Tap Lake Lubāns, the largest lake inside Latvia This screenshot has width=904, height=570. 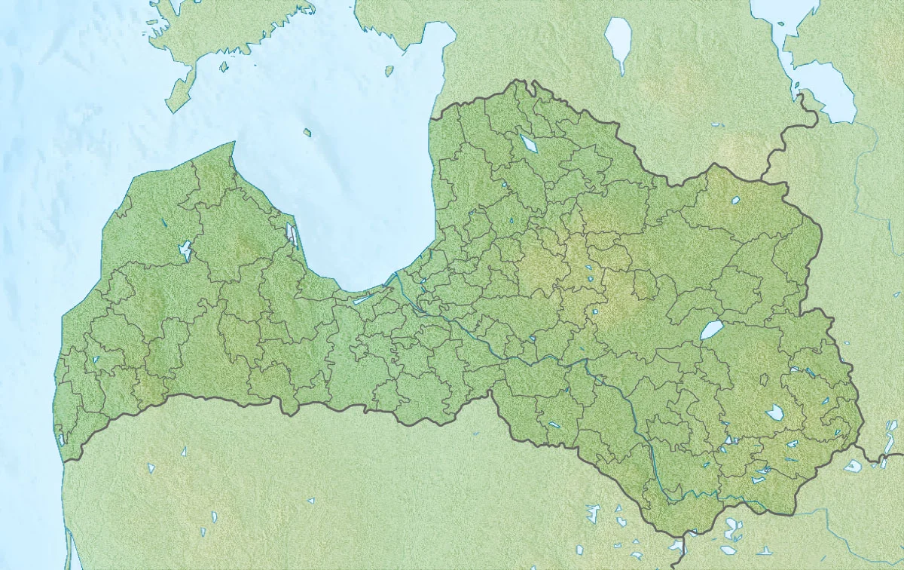711,330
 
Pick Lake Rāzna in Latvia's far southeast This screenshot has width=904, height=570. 774,412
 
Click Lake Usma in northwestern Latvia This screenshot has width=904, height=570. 185,250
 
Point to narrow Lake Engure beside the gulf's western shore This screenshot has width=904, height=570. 292,233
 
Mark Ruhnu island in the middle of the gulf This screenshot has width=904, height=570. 307,133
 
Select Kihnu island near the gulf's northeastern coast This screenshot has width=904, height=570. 389,71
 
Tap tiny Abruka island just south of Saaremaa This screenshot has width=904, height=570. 224,67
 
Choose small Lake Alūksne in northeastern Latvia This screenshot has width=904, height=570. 734,201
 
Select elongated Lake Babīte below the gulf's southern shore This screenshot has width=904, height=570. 362,299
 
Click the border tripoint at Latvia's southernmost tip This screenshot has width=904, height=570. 682,534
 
